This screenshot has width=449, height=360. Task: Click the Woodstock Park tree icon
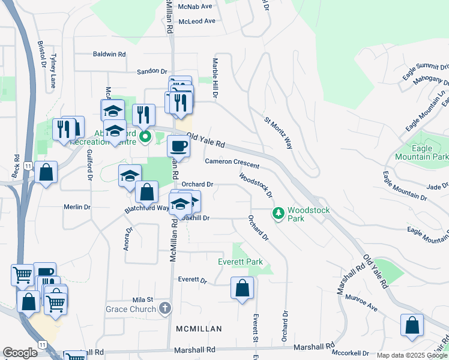coord(278,213)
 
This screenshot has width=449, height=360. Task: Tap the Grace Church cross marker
coord(165,308)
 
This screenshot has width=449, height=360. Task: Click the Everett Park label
coord(240,262)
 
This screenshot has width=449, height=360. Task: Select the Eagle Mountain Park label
coord(421,152)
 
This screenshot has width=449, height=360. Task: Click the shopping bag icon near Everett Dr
coord(241,288)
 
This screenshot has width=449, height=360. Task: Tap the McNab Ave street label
coord(198,7)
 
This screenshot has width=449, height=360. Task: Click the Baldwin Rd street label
coord(109,54)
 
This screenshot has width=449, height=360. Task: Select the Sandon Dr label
coord(151,71)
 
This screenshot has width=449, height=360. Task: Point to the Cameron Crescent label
coord(232,163)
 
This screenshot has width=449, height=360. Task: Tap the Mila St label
coord(143,299)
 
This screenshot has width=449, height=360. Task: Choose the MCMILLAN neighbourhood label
coord(199,329)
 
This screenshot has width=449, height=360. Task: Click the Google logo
coord(20,353)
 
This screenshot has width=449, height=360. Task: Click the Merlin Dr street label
coord(77,207)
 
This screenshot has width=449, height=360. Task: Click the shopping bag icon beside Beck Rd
coord(46,173)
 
